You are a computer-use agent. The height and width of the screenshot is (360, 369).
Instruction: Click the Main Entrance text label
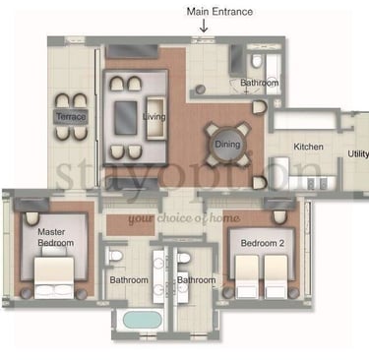219,12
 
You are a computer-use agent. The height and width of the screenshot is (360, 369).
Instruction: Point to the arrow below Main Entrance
204,27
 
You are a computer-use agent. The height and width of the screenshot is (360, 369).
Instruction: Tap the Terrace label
71,116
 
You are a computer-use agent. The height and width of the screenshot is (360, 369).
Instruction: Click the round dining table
227,144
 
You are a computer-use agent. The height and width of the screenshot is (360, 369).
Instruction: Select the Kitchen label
308,147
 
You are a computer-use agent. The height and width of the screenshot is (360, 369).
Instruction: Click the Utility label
358,153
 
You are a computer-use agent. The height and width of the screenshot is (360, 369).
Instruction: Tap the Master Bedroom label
55,237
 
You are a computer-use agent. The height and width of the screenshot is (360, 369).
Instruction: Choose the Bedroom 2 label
263,243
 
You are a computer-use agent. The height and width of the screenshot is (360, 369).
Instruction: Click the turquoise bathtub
142,320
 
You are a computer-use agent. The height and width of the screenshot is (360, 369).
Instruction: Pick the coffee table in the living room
126,118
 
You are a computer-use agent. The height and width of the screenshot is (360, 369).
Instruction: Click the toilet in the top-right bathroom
257,61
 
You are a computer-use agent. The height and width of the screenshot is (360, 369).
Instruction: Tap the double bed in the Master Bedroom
54,277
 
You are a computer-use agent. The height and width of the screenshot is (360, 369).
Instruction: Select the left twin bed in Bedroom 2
247,276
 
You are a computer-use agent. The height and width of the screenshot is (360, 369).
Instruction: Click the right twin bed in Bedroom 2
276,276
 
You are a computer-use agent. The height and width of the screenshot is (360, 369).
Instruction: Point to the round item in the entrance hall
201,90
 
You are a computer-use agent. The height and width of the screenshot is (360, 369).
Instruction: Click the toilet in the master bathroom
114,256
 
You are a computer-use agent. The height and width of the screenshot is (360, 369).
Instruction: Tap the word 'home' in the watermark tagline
225,218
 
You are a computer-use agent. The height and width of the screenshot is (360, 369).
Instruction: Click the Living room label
154,117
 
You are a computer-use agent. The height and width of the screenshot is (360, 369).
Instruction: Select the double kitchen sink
317,183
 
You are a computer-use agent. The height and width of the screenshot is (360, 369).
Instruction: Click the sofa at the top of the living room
132,51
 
